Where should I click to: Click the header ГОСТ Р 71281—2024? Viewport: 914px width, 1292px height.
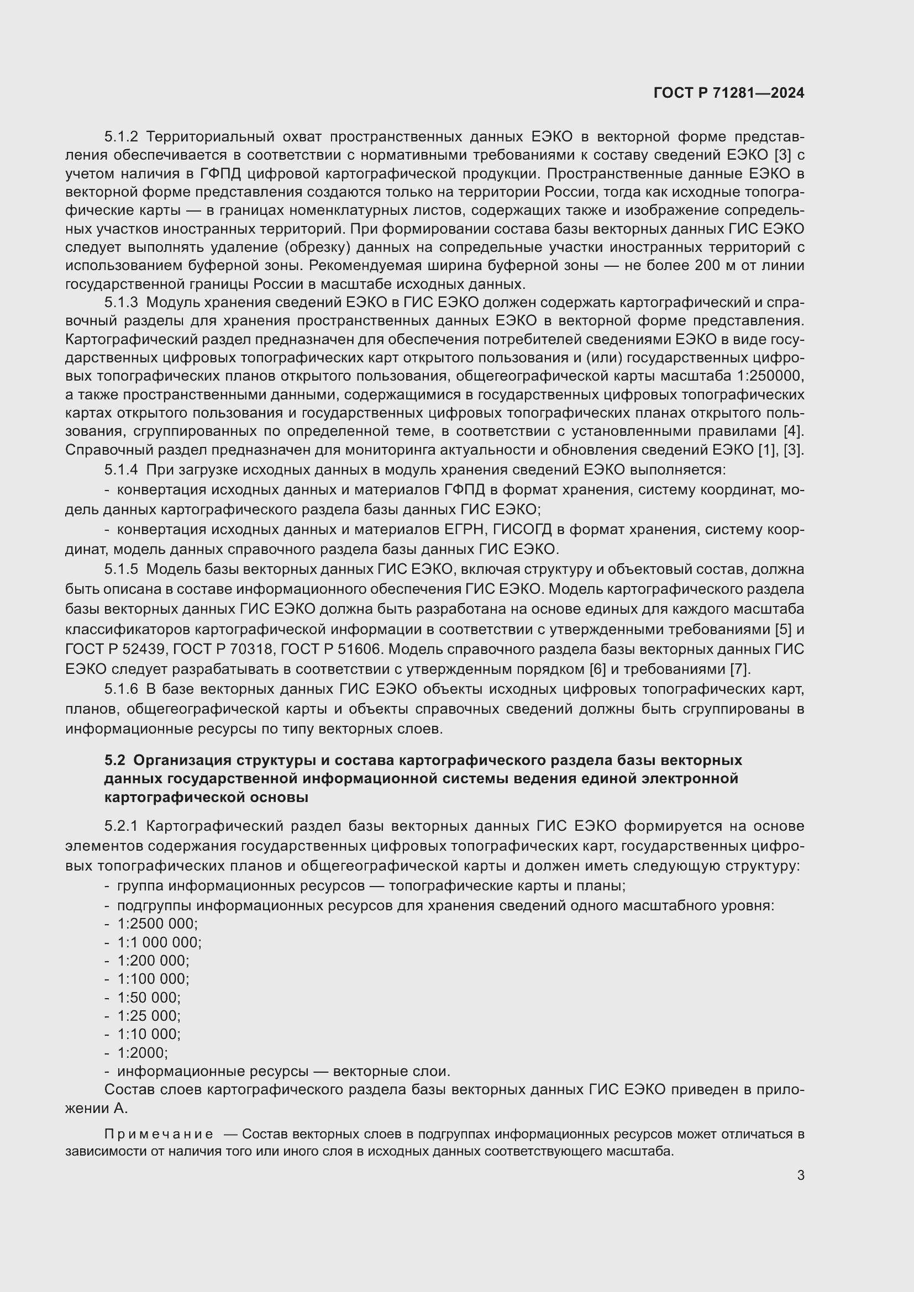tap(729, 93)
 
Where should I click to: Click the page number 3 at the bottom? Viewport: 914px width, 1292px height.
tap(800, 1175)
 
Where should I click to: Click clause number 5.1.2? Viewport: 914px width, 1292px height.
tap(121, 137)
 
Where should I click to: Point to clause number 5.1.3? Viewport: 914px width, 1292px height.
tap(121, 303)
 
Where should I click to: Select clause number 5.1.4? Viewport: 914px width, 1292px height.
tap(121, 470)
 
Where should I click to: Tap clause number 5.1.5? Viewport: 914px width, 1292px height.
tap(121, 569)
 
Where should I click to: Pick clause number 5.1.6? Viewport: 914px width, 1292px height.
tap(121, 689)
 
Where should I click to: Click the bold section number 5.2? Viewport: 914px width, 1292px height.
tap(114, 760)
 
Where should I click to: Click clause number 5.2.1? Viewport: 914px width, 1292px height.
tap(121, 826)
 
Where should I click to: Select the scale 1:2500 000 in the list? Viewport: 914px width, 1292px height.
tap(157, 924)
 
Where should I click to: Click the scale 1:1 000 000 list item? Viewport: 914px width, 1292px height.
tap(159, 942)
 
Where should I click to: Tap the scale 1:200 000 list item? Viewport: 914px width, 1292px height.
tap(153, 961)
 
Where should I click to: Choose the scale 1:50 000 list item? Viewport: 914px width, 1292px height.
tap(149, 998)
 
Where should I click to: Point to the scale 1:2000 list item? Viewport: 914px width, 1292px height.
tap(142, 1053)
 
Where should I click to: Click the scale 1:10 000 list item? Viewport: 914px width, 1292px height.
tap(149, 1034)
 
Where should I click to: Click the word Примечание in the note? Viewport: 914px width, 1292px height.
tap(159, 1134)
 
